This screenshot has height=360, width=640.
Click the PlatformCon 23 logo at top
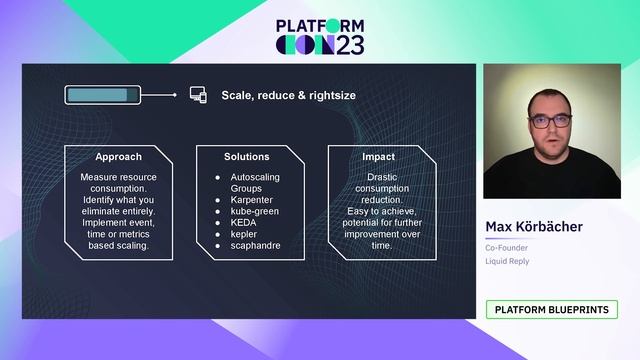point(320,36)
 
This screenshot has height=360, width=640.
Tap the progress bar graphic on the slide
point(102,95)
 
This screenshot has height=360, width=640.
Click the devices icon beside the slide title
point(197,95)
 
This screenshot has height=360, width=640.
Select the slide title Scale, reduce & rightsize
point(288,96)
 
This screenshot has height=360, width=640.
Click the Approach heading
point(118,157)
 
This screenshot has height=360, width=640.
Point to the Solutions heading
point(247,157)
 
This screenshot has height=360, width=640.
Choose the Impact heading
point(378,157)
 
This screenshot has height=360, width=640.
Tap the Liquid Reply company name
point(508,261)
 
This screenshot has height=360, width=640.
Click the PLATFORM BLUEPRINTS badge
point(551,310)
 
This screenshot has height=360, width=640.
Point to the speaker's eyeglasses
point(550,121)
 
